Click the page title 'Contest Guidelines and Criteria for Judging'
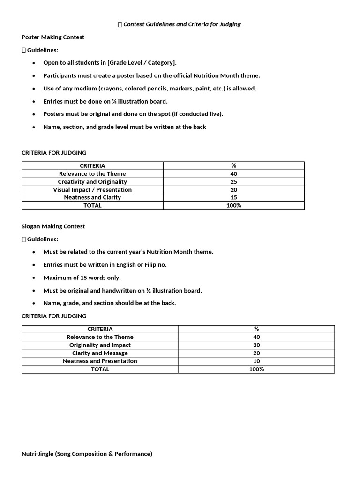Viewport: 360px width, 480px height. point(182,24)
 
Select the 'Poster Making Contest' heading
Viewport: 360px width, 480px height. point(53,37)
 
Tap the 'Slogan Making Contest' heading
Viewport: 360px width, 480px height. point(53,226)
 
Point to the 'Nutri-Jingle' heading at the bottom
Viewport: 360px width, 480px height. point(87,454)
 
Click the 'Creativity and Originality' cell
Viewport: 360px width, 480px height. point(92,182)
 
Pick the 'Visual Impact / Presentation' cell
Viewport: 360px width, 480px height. point(92,190)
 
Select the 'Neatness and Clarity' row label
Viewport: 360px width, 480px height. point(92,197)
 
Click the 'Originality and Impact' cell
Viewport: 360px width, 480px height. point(100,345)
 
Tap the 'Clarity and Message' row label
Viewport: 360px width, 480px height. point(100,353)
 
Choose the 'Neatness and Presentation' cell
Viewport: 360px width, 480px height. point(100,361)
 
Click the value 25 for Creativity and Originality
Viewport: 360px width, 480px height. point(234,182)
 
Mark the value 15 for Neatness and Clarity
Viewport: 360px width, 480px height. point(234,197)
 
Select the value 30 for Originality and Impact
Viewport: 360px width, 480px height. point(256,345)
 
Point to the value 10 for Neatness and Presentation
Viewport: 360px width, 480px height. point(256,361)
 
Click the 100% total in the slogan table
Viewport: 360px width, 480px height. point(256,369)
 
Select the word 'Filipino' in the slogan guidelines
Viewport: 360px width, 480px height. point(154,265)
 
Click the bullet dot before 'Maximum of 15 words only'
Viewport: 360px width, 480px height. point(33,278)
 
